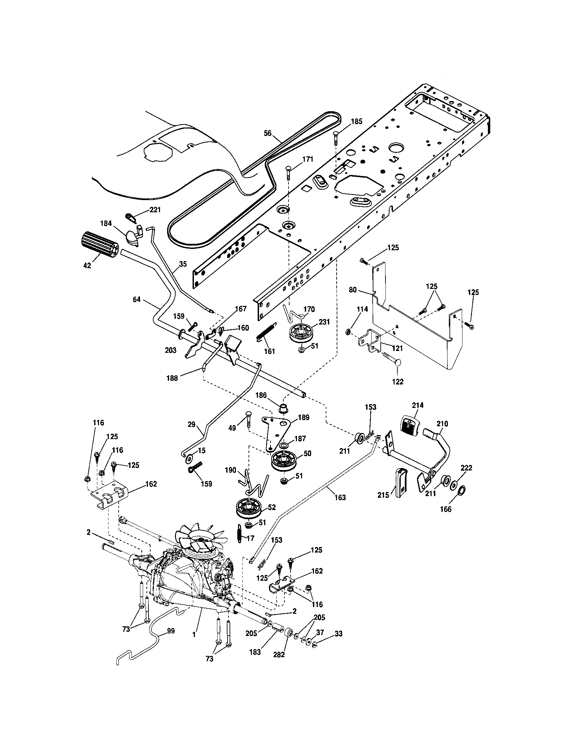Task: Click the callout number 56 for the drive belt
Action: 268,133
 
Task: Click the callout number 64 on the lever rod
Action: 137,300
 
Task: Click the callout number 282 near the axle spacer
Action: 279,655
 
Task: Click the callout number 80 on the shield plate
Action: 353,290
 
